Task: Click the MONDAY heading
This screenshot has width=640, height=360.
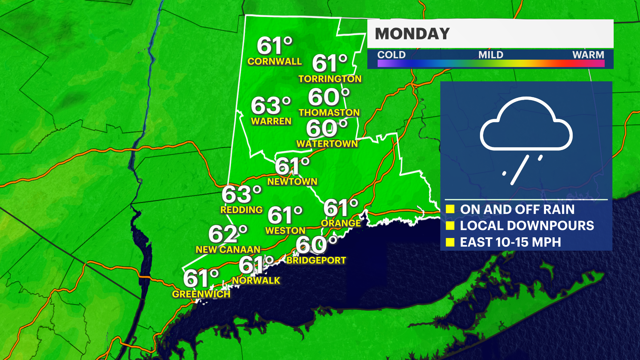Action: click(x=412, y=34)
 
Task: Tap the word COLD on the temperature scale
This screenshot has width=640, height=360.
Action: click(x=391, y=55)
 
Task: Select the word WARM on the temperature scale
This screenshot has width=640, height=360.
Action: click(x=588, y=55)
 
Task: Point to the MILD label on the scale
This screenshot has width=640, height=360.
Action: click(x=491, y=55)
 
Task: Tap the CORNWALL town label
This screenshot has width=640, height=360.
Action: click(x=274, y=61)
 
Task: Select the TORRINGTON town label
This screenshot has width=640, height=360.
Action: click(x=330, y=79)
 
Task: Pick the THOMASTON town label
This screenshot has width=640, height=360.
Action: click(x=329, y=113)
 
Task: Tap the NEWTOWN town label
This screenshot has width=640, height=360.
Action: click(x=292, y=182)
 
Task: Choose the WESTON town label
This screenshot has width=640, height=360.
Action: click(x=285, y=231)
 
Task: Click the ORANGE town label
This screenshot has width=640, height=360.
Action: click(x=341, y=223)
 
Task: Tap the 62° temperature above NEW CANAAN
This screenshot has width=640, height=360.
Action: click(x=228, y=234)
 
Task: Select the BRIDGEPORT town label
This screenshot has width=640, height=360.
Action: click(x=316, y=260)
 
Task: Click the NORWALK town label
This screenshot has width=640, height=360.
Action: click(x=256, y=281)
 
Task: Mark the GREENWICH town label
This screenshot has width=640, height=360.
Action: click(x=201, y=294)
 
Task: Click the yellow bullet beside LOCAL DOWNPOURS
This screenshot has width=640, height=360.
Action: click(x=450, y=226)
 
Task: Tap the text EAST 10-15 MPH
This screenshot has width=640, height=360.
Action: click(x=510, y=242)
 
